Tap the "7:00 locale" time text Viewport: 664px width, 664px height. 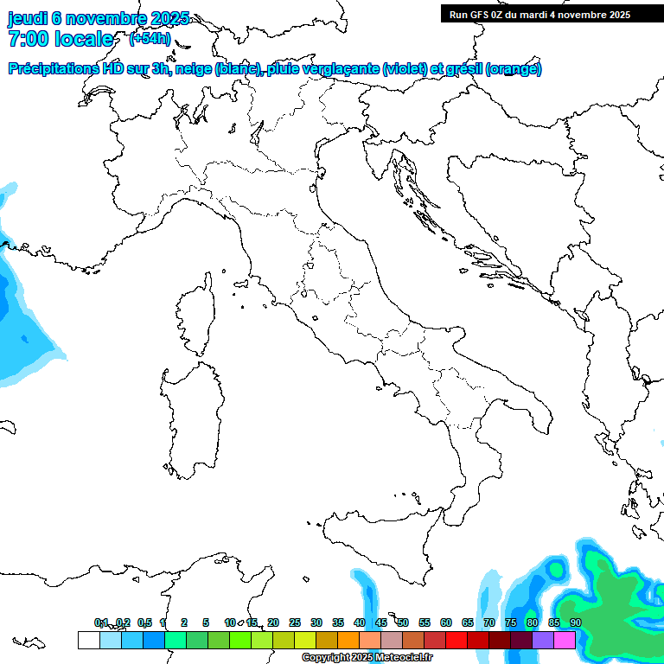point(61,39)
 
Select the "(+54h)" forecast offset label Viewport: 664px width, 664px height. point(150,39)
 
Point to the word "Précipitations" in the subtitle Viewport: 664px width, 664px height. point(54,69)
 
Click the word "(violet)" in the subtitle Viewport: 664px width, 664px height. point(404,69)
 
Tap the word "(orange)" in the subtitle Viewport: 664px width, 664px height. point(514,69)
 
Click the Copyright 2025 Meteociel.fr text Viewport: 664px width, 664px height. point(367,658)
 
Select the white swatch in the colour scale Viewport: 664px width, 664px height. point(88,641)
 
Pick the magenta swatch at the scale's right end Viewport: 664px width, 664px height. point(565,641)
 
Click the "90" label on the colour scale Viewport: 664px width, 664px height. point(576,622)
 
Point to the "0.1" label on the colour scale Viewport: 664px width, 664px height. point(101,622)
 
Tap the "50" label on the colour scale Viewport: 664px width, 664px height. point(403,622)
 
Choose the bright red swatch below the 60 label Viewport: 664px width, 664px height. point(456,641)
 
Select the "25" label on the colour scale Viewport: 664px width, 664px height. point(295,622)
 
